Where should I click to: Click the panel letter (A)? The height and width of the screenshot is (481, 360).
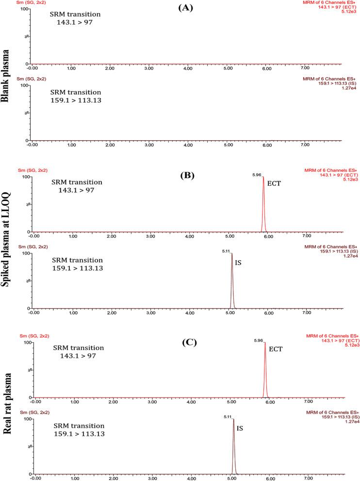187,8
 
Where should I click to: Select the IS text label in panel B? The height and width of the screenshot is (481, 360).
238,262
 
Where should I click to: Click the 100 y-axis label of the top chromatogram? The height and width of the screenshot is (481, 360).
23,9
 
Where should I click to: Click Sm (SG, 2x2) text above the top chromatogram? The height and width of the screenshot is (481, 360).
32,3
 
